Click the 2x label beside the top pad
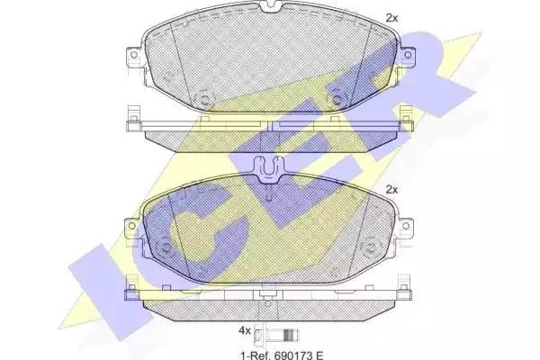[x=391, y=17]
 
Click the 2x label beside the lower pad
[x=391, y=190]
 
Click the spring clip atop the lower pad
[x=269, y=169]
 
